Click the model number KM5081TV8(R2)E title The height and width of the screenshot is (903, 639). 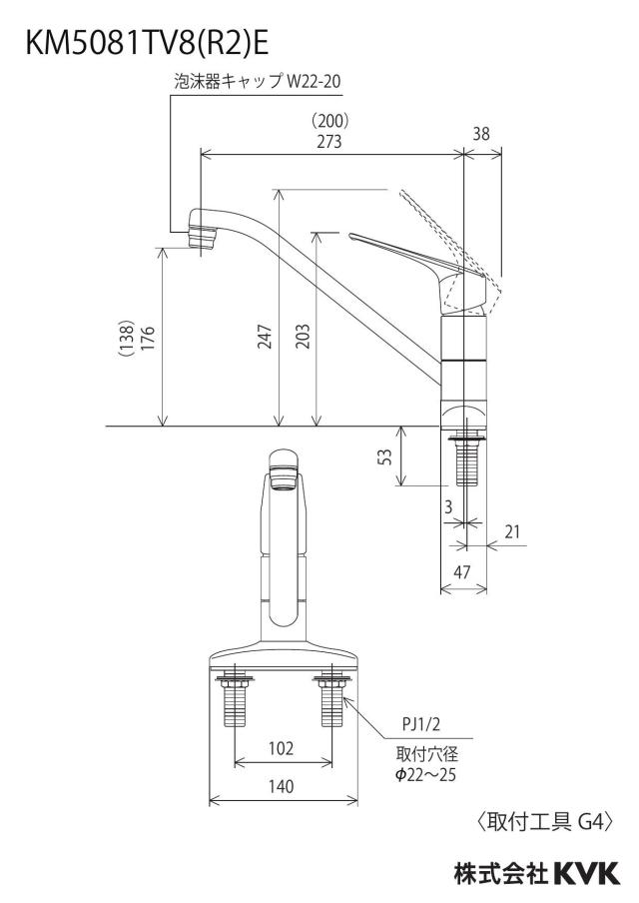(148, 44)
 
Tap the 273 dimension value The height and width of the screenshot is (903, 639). (328, 141)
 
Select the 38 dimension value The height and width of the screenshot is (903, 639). (481, 134)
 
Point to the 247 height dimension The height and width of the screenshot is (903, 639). (265, 337)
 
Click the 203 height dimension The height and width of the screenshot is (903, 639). (303, 337)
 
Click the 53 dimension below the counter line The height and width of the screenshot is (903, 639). (386, 457)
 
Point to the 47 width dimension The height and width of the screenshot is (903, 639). (462, 571)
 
